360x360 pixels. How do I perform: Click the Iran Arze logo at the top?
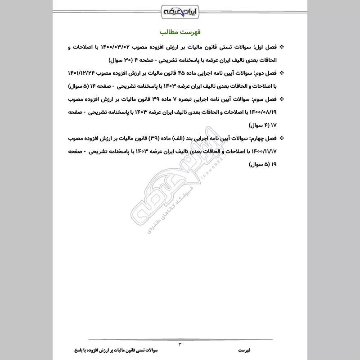click(x=180, y=10)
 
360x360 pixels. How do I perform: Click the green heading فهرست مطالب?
click(x=180, y=34)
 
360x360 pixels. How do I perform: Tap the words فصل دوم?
click(x=267, y=73)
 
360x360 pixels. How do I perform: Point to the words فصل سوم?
click(x=267, y=99)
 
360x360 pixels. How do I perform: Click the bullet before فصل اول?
click(x=282, y=47)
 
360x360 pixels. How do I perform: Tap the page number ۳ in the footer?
click(x=180, y=344)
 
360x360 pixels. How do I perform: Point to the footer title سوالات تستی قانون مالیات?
click(x=130, y=349)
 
